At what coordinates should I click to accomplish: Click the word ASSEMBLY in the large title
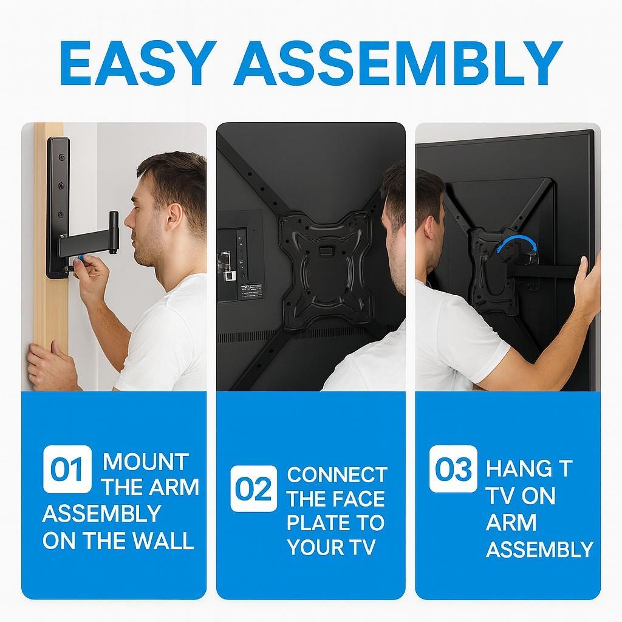click(x=398, y=63)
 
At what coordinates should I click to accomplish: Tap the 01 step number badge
click(x=67, y=469)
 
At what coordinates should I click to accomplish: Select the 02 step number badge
click(x=254, y=488)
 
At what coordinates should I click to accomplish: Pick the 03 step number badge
click(x=453, y=469)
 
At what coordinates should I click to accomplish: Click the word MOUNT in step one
click(x=146, y=462)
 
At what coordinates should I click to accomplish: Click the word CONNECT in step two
click(x=337, y=475)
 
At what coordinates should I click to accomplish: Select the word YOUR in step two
click(x=313, y=547)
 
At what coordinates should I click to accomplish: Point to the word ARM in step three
click(x=511, y=522)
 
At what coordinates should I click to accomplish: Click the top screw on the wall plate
click(x=61, y=157)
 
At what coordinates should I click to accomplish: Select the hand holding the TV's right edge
click(x=587, y=284)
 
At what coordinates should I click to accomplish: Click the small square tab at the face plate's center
click(x=326, y=251)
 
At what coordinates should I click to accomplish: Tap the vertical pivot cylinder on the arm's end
click(x=114, y=231)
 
